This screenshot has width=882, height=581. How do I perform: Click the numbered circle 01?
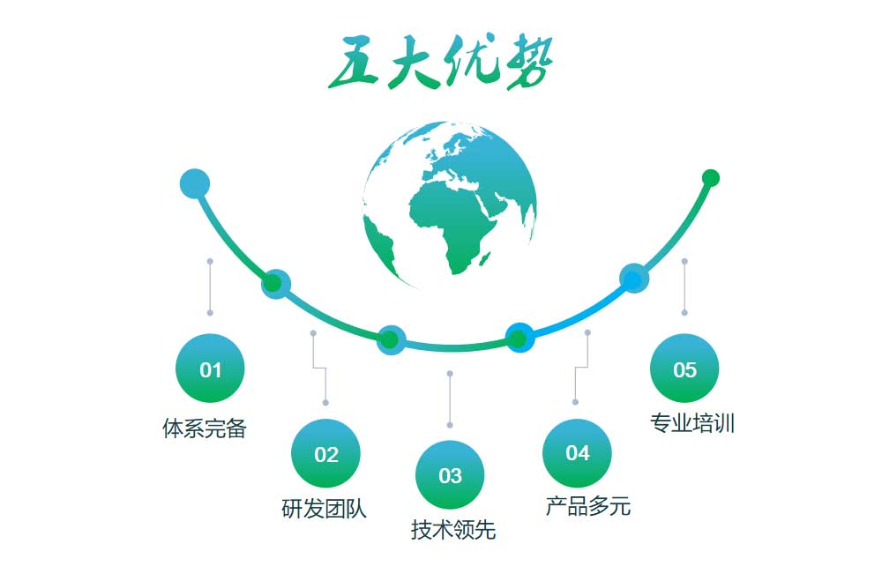pos(210,369)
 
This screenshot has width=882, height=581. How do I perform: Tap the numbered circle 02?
pos(325,453)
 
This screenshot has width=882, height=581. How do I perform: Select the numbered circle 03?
pos(450,475)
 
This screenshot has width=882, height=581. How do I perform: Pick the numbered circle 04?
pos(577,453)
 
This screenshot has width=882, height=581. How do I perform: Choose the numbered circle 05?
pos(684,369)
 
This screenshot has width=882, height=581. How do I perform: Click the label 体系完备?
pos(205,428)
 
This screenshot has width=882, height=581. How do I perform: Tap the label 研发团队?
pos(324,509)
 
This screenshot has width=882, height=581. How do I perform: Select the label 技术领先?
pos(453,530)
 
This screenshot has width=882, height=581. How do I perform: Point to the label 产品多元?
pos(588,506)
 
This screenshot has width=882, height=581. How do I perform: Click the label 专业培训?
pos(692,423)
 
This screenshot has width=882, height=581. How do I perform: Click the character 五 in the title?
pos(354,63)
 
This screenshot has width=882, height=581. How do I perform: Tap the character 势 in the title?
pos(528,62)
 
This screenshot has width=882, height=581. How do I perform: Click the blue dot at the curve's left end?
pos(195,183)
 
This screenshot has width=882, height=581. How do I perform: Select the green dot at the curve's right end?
pos(711,178)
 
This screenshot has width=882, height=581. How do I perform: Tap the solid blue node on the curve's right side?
pos(634,279)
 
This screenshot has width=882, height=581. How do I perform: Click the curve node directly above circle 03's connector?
pos(391,339)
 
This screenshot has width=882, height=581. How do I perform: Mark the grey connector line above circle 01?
pos(210,287)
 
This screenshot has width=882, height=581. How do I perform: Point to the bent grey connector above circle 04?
pos(581,368)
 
